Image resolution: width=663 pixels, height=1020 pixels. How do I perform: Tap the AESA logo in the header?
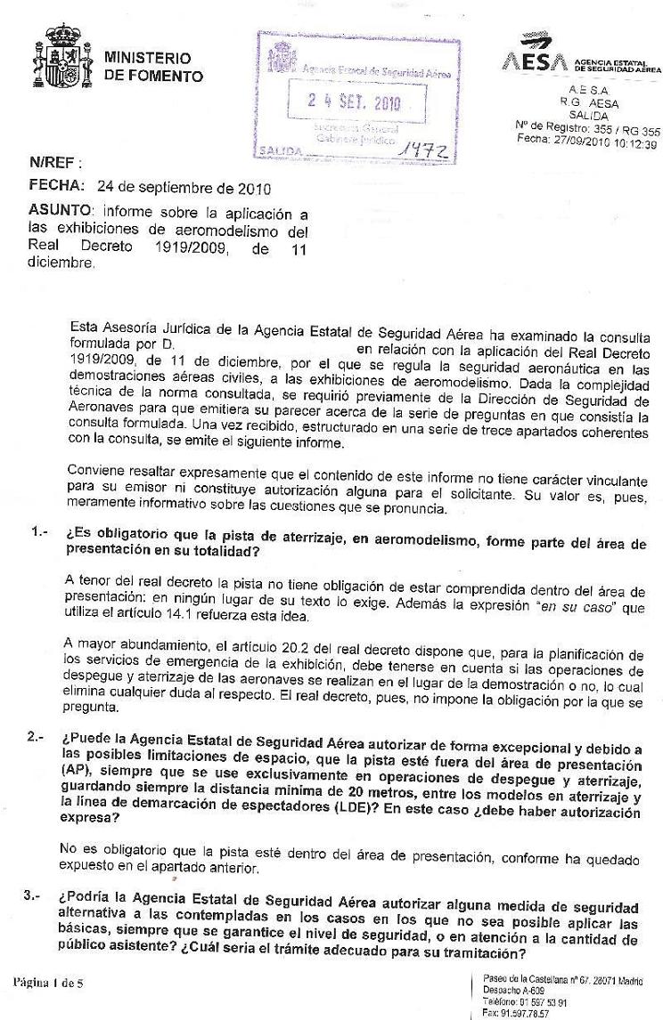[536, 61]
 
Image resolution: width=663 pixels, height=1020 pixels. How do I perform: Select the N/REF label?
[54, 164]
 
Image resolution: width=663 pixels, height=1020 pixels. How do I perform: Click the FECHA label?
[57, 188]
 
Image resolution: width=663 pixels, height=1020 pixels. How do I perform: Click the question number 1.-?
[39, 533]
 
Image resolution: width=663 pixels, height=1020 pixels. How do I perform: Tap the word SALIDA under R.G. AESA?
[587, 116]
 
